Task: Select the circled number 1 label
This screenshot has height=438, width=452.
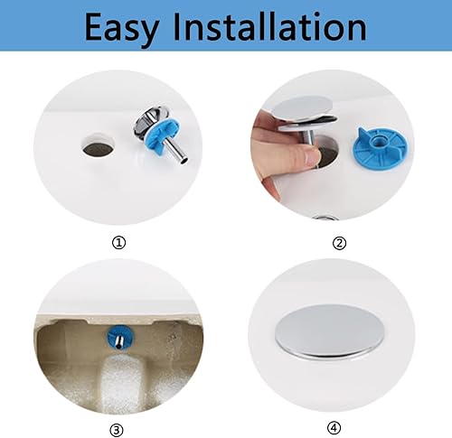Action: click(118, 242)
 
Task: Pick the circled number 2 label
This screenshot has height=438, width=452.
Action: click(339, 242)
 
